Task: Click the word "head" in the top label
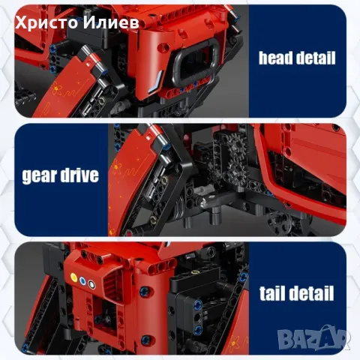click(x=275, y=58)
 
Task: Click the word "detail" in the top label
click(x=316, y=58)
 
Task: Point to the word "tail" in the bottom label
click(x=273, y=293)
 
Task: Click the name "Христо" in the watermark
click(x=47, y=23)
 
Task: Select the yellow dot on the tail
click(x=73, y=277)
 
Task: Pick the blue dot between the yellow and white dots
click(x=82, y=280)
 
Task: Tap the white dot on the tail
click(x=91, y=284)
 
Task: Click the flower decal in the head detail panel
click(x=57, y=89)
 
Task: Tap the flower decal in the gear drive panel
click(x=116, y=166)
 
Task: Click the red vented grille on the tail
click(x=113, y=283)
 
